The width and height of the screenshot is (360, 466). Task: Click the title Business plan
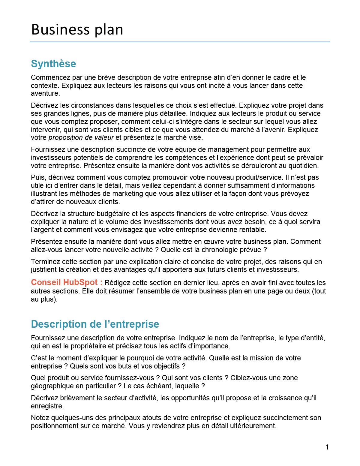[x=77, y=30]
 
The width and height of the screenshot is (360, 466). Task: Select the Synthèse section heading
[x=53, y=64]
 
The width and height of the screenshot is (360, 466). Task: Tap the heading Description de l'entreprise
[x=95, y=324]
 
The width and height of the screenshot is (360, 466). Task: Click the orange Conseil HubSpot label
[x=67, y=282]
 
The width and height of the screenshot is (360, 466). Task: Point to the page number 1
[x=327, y=447]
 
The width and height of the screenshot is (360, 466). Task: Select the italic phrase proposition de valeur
[x=81, y=138]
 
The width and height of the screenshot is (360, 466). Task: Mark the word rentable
[x=253, y=230]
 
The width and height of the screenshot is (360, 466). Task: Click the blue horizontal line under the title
[x=180, y=42]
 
